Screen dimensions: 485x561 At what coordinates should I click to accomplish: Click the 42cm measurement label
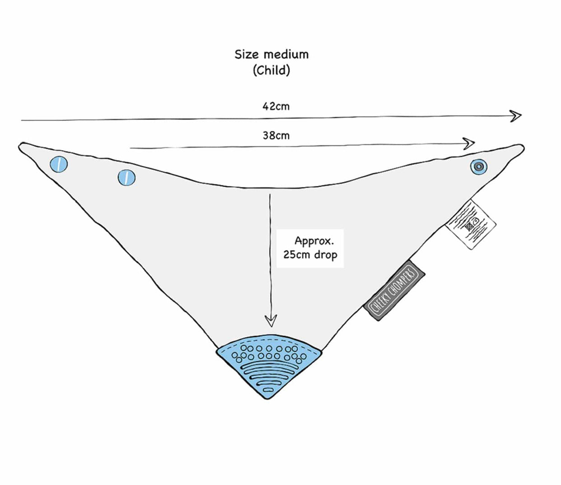tap(276, 106)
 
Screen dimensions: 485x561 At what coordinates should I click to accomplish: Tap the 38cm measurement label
tap(276, 135)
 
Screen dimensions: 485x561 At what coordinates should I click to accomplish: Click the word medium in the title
tap(286, 55)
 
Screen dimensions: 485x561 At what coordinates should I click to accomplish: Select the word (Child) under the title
tap(271, 70)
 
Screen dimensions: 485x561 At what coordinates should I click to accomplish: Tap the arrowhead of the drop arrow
tap(271, 321)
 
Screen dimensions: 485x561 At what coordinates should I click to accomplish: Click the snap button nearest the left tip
tap(59, 164)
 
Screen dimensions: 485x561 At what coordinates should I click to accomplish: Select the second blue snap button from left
tap(126, 177)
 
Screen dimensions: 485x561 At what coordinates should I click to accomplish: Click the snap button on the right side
tap(478, 167)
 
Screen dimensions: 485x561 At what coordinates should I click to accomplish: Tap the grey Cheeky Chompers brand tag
tap(394, 290)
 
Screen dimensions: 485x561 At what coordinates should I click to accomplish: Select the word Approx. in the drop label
tap(314, 240)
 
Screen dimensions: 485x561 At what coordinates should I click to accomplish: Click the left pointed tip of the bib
tap(21, 146)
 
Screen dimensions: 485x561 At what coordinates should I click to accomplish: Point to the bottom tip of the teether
tap(268, 398)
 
